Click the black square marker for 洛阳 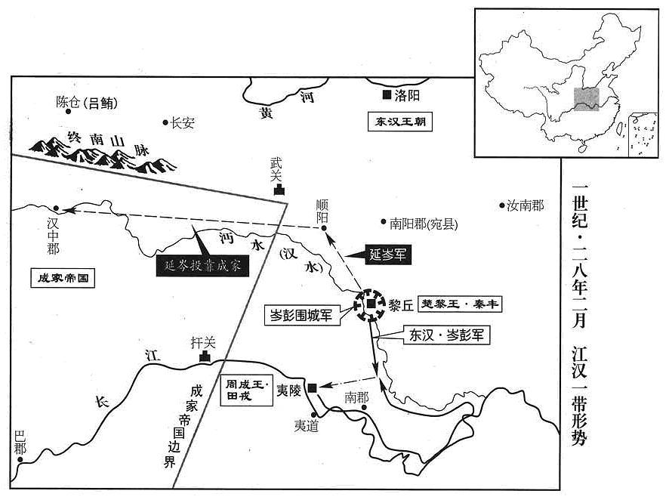[x=387, y=95]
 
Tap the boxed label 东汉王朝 [x=400, y=122]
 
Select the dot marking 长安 [x=165, y=123]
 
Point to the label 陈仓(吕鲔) [x=87, y=103]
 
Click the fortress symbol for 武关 [x=279, y=190]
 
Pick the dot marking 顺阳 [x=324, y=229]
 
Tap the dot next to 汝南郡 [x=502, y=205]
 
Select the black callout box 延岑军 [x=388, y=255]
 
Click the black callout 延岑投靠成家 [x=202, y=266]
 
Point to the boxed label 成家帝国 [x=63, y=278]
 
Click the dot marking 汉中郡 [x=56, y=208]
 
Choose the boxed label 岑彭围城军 [x=301, y=316]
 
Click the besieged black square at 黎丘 [x=371, y=304]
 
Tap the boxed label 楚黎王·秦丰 [x=460, y=304]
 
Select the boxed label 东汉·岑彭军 [x=447, y=335]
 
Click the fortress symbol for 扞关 [x=205, y=357]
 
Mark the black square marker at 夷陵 [x=313, y=387]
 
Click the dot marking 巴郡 [x=20, y=459]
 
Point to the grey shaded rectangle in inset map [x=586, y=100]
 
